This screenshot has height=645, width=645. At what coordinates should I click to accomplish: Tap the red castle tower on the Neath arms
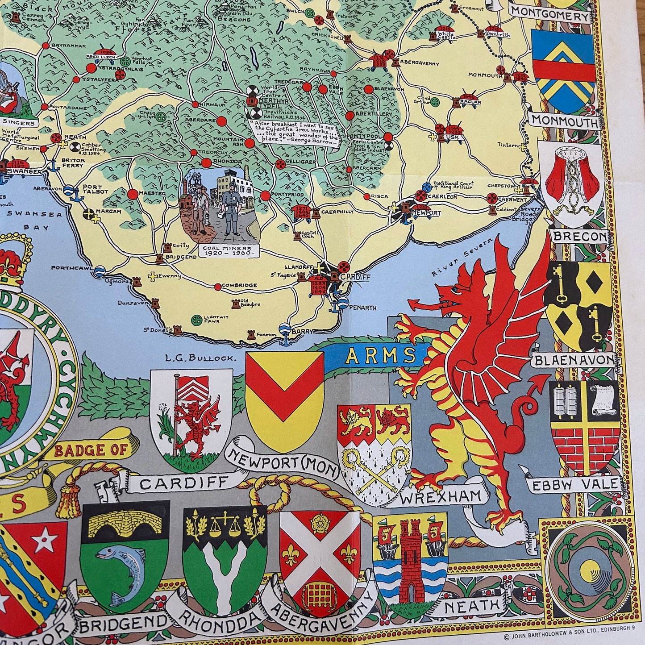[x=410, y=560]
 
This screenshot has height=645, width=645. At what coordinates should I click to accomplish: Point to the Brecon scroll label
[x=580, y=236]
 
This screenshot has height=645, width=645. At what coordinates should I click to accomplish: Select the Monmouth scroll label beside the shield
[x=565, y=121]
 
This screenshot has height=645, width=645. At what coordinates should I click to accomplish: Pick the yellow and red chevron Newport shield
[x=284, y=393]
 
